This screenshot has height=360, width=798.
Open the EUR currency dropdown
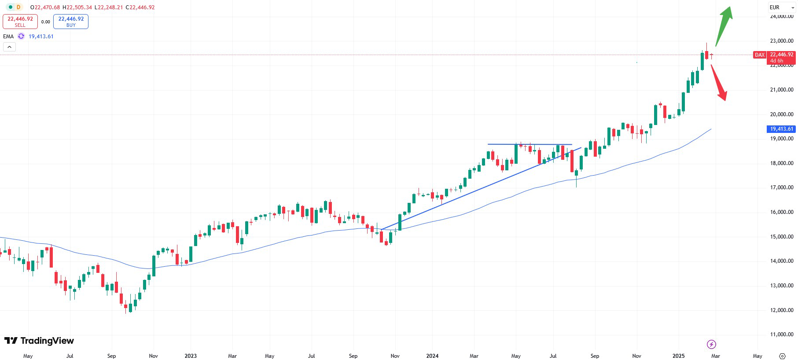coord(782,7)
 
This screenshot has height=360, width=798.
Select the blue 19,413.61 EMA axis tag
coord(781,129)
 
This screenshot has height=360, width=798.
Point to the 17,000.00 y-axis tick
coord(781,187)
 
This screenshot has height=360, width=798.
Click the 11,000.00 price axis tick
coord(781,334)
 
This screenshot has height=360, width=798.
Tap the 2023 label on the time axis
coord(191,356)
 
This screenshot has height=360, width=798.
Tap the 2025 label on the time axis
coord(678,356)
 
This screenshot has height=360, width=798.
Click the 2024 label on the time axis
coord(432,356)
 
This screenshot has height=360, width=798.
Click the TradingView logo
coord(39,341)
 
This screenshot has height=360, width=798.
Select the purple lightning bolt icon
coord(711,344)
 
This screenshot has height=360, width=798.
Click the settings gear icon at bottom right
coord(782,356)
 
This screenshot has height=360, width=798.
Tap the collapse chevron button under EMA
coord(9,47)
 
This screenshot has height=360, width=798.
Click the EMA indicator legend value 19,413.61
coord(41,37)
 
